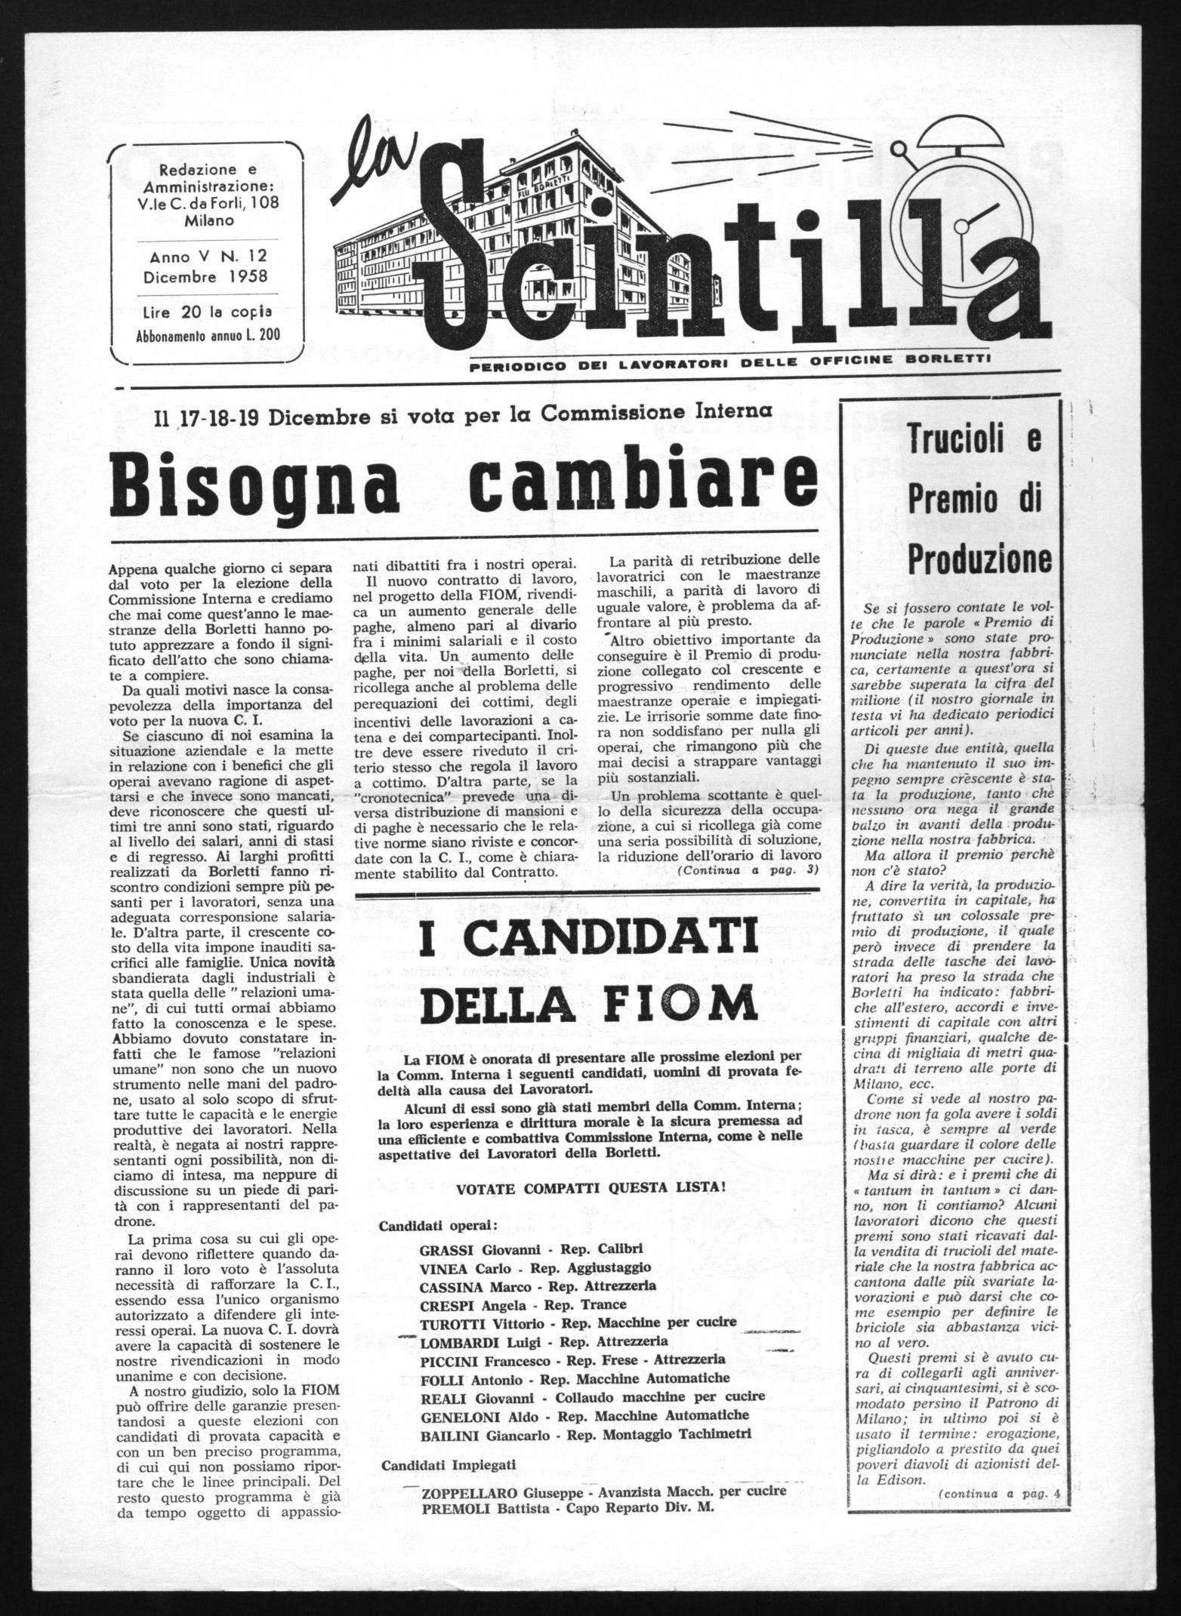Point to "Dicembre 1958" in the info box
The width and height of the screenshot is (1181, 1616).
click(207, 275)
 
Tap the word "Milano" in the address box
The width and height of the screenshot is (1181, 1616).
click(207, 220)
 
